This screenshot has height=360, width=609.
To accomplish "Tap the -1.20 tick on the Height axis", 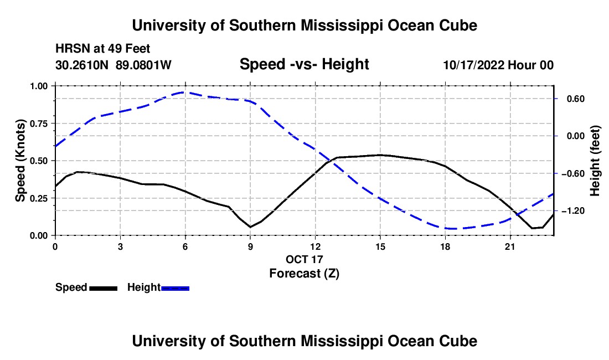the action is tap(572, 211).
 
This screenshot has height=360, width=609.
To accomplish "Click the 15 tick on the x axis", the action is tap(380, 246).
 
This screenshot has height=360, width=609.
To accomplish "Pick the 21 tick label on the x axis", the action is tap(509, 246).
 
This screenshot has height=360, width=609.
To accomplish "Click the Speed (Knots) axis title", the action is tap(20, 161).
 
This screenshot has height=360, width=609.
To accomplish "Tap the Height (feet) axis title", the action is tap(595, 161).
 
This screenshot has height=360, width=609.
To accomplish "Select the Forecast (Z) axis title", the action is tap(304, 274).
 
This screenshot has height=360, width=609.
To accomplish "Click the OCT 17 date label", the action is tap(304, 259).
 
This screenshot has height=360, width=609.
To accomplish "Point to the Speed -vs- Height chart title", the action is tap(304, 64).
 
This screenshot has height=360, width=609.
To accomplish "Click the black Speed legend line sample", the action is tap(104, 288).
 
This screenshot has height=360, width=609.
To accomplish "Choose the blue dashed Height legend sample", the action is tap(175, 288).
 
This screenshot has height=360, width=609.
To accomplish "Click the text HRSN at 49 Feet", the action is tap(102, 49).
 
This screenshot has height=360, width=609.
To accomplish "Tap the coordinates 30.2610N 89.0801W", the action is tap(113, 65).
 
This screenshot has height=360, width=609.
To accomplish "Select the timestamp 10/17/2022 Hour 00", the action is tap(498, 65).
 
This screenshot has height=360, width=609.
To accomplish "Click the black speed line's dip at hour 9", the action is tap(250, 227).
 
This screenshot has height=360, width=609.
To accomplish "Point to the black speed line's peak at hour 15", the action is tap(380, 155).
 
